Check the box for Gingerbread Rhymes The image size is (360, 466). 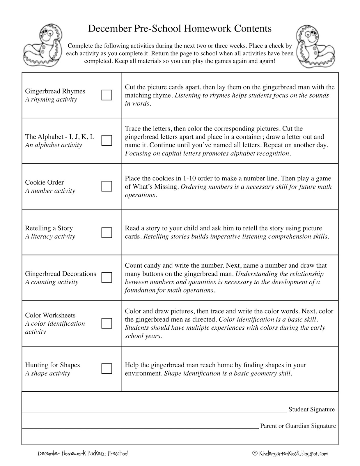point(107,95)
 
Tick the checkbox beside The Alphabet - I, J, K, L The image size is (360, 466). point(107,140)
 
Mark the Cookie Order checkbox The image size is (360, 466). point(107,186)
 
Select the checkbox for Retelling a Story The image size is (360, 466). point(107,232)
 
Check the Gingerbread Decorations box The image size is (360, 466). point(107,277)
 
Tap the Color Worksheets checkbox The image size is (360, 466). point(107,323)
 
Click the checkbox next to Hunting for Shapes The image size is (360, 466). point(107,368)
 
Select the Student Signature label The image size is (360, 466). point(311,409)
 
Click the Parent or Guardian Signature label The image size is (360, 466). point(298,426)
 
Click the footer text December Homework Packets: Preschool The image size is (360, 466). point(83,453)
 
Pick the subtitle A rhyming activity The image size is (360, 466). point(51,100)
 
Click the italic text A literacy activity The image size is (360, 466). point(50,236)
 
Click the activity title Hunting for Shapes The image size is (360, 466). point(52,365)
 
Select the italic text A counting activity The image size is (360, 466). point(52,282)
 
